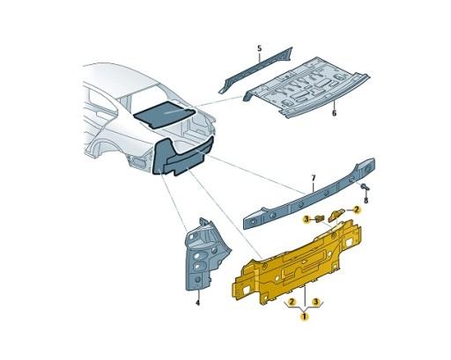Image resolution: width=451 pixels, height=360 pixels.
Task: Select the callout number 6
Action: click(335, 114)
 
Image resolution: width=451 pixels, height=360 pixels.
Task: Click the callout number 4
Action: click(197, 303)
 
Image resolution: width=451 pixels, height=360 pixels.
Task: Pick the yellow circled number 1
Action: click(304, 315)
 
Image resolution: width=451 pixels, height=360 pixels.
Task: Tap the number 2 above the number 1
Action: click(291, 301)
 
